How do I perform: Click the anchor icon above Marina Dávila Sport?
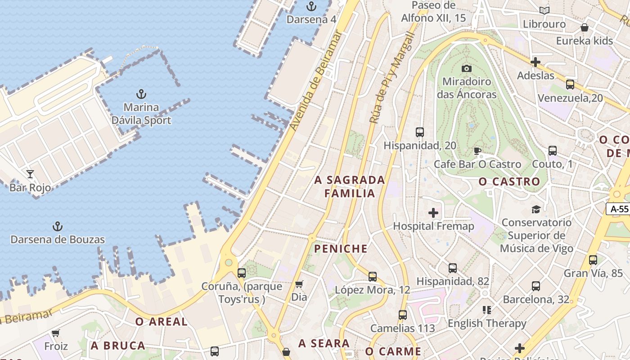pyautogui.click(x=141, y=94)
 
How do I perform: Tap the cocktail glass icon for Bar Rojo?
pyautogui.click(x=30, y=174)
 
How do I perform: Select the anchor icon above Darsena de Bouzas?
pyautogui.click(x=58, y=226)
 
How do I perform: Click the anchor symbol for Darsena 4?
pyautogui.click(x=311, y=6)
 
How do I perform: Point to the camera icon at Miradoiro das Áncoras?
pyautogui.click(x=467, y=68)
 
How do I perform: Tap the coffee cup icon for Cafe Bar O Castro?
pyautogui.click(x=477, y=151)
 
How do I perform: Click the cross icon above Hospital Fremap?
pyautogui.click(x=433, y=212)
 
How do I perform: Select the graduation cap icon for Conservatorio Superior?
pyautogui.click(x=536, y=209)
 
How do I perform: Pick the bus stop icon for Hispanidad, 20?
pyautogui.click(x=420, y=132)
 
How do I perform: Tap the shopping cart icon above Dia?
pyautogui.click(x=299, y=284)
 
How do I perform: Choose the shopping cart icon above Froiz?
pyautogui.click(x=56, y=333)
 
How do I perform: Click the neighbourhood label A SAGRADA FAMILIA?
pyautogui.click(x=350, y=187)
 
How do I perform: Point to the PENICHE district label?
pyautogui.click(x=341, y=249)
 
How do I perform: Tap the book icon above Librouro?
pyautogui.click(x=544, y=10)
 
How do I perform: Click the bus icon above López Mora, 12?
pyautogui.click(x=373, y=277)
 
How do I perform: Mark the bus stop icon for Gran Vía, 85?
pyautogui.click(x=593, y=260)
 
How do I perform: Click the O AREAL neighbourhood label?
pyautogui.click(x=162, y=322)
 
